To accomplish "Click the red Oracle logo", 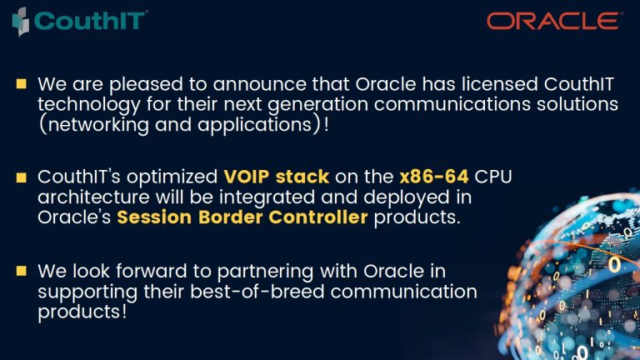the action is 553,21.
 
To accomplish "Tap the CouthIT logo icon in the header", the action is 21,22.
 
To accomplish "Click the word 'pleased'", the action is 146,85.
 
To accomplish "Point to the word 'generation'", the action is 318,105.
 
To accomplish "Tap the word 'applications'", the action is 255,125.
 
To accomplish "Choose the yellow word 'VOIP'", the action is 247,177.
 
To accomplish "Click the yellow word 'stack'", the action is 302,177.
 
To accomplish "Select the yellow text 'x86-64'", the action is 434,177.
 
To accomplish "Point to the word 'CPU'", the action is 493,177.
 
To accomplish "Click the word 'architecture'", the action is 93,197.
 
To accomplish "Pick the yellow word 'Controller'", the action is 318,217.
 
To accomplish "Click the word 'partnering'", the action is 265,272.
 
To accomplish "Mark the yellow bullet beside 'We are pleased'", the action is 21,83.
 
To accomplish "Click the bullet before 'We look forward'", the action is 21,271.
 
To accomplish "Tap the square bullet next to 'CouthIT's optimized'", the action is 21,177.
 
